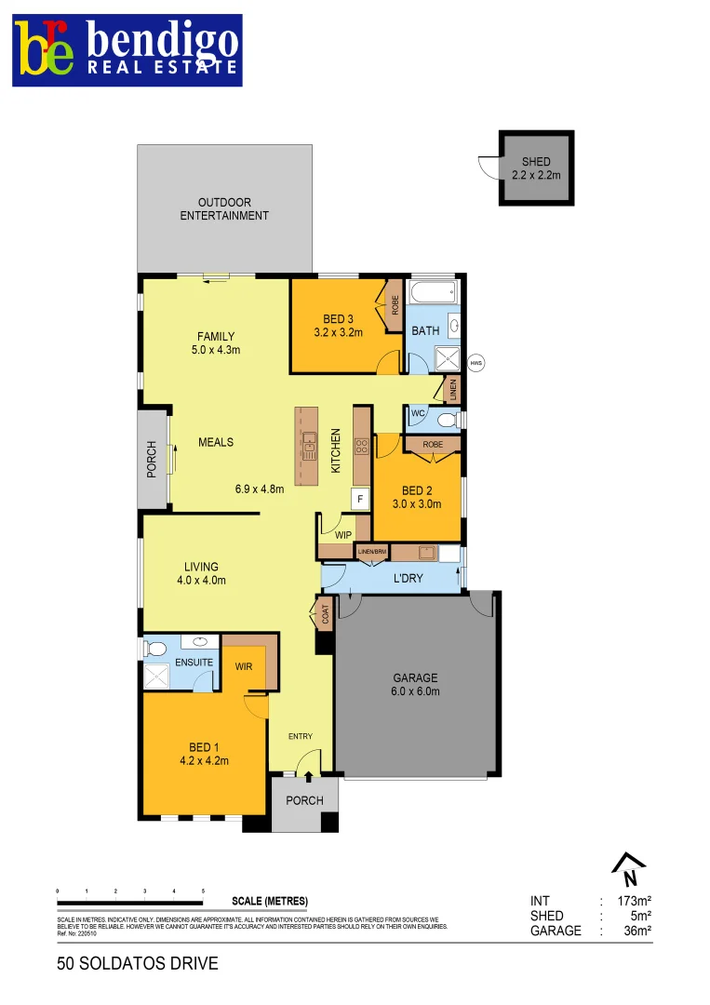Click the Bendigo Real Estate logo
(x=127, y=50)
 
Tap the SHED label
(x=536, y=162)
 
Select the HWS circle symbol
(x=476, y=363)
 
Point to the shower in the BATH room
(x=448, y=358)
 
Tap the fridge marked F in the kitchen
(x=358, y=499)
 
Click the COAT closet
(x=325, y=615)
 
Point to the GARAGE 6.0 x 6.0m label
(x=415, y=685)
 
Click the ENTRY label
(x=300, y=736)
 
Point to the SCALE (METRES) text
(x=269, y=902)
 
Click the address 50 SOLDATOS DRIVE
(x=138, y=963)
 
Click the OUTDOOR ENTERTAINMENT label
(x=224, y=208)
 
